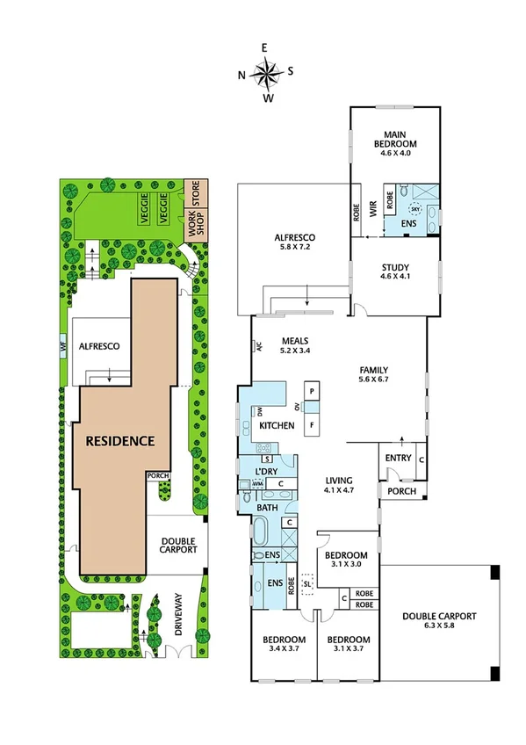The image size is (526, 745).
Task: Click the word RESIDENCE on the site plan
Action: coord(120,440)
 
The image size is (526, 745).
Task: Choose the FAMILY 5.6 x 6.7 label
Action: coord(373,375)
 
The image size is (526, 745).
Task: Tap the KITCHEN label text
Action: coord(277,426)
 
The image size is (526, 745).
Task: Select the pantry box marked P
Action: coord(313,391)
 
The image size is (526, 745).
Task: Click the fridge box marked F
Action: coord(313,425)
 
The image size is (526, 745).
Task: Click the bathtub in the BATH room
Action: coord(263,532)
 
